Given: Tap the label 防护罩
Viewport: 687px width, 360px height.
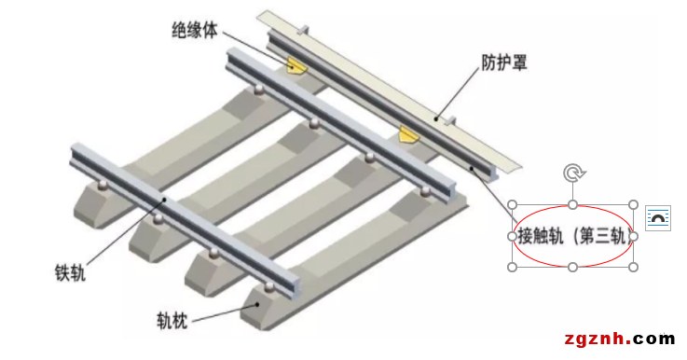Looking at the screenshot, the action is (504, 63).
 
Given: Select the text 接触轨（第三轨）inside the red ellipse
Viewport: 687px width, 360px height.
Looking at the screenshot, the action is (572, 235).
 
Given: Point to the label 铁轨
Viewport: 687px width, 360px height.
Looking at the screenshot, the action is (71, 273).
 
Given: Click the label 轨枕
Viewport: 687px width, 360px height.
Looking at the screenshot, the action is (172, 323).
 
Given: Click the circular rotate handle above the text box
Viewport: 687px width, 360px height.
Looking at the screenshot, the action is (572, 173).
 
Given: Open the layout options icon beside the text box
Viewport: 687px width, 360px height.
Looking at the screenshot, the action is (658, 218).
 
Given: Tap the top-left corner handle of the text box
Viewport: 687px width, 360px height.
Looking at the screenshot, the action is (512, 204).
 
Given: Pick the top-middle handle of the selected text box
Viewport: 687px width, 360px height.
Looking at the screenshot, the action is (572, 204).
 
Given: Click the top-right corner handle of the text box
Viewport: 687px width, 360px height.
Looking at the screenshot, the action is (633, 204).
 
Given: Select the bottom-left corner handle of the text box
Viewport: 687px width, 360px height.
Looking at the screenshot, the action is (512, 268).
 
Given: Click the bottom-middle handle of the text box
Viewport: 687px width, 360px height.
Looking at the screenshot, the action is (572, 268).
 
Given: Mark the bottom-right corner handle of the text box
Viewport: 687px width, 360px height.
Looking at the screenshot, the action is (633, 268).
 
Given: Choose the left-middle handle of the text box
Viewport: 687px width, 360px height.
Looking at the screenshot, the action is (512, 236).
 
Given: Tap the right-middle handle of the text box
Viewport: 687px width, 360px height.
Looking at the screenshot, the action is (633, 236).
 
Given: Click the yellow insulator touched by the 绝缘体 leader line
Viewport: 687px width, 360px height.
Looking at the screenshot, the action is (296, 65).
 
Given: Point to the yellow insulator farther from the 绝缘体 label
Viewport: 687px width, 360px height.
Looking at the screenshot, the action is (407, 136).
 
